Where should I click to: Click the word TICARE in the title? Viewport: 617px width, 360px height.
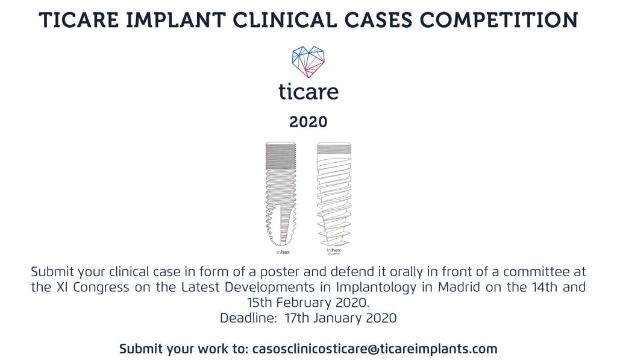79,20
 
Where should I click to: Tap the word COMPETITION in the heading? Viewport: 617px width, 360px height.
498,20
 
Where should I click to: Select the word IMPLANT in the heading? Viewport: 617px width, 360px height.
175,20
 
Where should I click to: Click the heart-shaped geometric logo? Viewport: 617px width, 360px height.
308,62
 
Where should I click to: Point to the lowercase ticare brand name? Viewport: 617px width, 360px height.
308,92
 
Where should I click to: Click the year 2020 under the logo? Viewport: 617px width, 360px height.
308,122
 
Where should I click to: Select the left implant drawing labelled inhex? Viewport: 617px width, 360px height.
281,195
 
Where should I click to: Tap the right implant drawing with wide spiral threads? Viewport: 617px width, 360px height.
334,194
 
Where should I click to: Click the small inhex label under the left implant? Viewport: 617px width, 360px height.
283,252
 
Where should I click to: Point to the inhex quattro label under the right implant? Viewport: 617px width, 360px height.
334,251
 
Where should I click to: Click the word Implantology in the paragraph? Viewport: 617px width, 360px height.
376,288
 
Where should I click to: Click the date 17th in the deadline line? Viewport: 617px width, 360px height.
297,318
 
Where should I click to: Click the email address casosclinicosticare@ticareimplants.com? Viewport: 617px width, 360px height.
375,349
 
